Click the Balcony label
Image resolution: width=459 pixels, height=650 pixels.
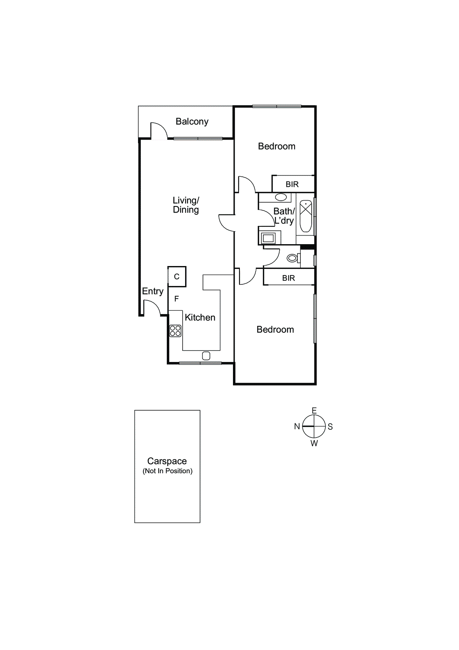pos(192,121)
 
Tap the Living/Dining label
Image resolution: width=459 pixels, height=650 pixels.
pos(186,205)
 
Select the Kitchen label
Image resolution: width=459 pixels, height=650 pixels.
pos(200,317)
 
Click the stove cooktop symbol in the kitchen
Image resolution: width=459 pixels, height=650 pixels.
pos(175,331)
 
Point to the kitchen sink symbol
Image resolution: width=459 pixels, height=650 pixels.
pos(206,356)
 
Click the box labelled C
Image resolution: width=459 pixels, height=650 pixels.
pos(177,277)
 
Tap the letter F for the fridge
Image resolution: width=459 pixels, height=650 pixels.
pos(177,299)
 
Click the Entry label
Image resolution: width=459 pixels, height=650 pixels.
pos(153,291)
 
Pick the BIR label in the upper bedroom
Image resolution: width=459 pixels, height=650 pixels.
pos(292,184)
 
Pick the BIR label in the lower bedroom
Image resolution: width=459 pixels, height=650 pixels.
pos(289,278)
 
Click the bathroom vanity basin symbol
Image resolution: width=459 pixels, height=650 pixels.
pos(281,197)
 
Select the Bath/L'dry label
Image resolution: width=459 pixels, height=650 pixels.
pos(284,216)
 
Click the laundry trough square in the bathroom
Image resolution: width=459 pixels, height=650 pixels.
pos(268,238)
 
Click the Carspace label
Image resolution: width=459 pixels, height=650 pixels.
pos(167,461)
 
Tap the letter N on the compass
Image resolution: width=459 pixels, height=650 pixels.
pos(297,427)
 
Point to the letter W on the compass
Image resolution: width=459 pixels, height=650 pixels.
pos(314,444)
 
